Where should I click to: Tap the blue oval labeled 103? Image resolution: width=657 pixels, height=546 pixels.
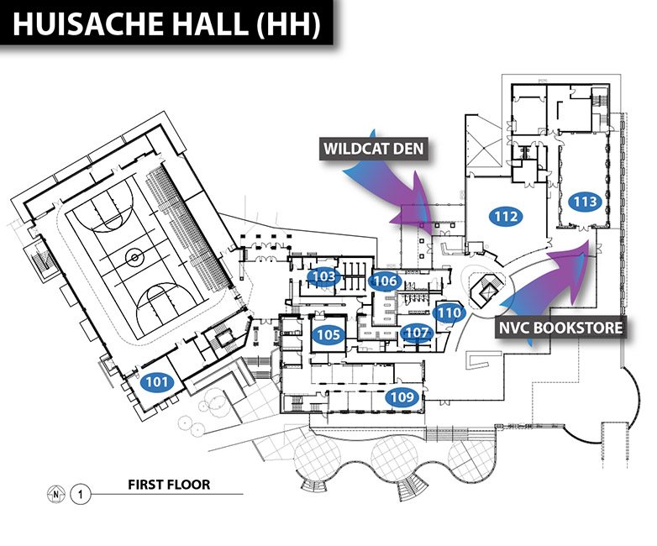click(324, 276)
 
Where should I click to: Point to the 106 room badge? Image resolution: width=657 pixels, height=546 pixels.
click(385, 281)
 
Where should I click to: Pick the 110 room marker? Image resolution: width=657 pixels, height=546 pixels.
click(449, 312)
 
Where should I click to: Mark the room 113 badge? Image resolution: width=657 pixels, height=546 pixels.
click(585, 202)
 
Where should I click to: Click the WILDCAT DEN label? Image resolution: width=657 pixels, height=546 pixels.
click(375, 150)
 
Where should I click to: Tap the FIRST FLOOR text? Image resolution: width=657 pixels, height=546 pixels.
click(169, 485)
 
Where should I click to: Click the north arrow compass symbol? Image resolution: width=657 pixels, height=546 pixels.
click(55, 493)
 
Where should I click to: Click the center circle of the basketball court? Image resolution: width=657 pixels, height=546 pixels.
click(133, 253)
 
